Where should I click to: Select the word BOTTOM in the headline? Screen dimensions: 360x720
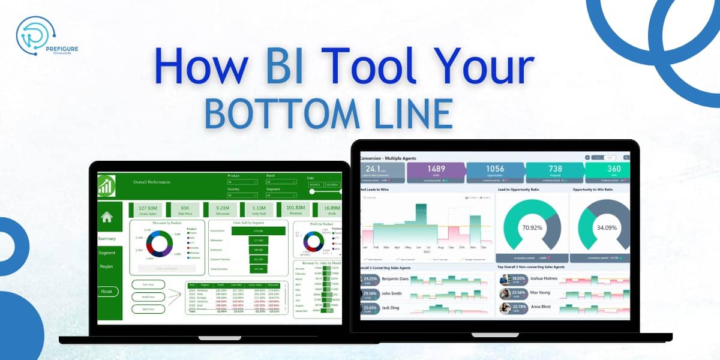click(x=275, y=112)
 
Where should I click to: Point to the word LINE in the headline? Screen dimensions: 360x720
click(x=407, y=112)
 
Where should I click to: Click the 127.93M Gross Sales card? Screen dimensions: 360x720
click(x=143, y=209)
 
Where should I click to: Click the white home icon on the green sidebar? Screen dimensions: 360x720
click(x=107, y=217)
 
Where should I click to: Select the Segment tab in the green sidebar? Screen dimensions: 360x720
click(x=107, y=253)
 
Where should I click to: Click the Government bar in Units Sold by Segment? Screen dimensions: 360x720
click(x=258, y=230)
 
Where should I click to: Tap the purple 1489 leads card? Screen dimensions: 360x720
click(x=436, y=172)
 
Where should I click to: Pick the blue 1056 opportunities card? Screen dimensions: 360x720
click(x=495, y=172)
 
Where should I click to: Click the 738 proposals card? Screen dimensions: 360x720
click(x=555, y=172)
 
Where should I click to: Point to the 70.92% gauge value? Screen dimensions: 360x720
click(x=532, y=228)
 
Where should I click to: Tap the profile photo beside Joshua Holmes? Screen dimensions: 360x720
click(x=505, y=280)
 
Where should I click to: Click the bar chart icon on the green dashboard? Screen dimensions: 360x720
click(x=107, y=185)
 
